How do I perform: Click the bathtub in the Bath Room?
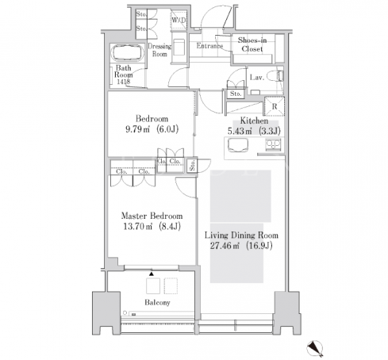pyautogui.click(x=128, y=53)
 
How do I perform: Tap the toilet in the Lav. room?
pyautogui.click(x=275, y=76)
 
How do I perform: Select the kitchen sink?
pyautogui.click(x=238, y=145)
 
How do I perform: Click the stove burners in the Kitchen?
pyautogui.click(x=273, y=145)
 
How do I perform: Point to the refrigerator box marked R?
pyautogui.click(x=275, y=106)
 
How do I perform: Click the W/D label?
pyautogui.click(x=179, y=20)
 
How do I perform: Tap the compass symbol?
pyautogui.click(x=315, y=347)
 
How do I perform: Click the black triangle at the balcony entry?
pyautogui.click(x=152, y=274)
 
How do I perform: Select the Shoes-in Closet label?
pyautogui.click(x=252, y=44)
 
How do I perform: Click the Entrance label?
pyautogui.click(x=209, y=46)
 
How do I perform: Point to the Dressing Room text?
pyautogui.click(x=159, y=50)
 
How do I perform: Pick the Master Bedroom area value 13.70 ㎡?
pyautogui.click(x=138, y=227)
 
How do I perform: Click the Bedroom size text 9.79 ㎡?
pyautogui.click(x=137, y=129)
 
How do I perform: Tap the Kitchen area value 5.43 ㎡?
pyautogui.click(x=240, y=131)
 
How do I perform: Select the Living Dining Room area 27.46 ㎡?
pyautogui.click(x=225, y=246)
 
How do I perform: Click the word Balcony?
pyautogui.click(x=157, y=302)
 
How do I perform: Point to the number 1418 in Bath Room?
pyautogui.click(x=124, y=82)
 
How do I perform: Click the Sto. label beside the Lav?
pyautogui.click(x=236, y=94)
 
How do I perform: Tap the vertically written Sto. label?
pyautogui.click(x=192, y=166)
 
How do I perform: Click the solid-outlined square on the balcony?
pyautogui.click(x=153, y=285)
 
